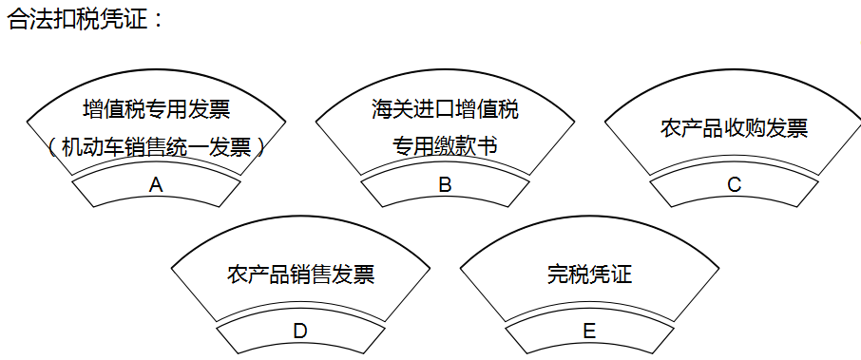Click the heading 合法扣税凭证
(x=76, y=19)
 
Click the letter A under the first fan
(x=156, y=185)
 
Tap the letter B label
(x=445, y=185)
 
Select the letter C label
(x=734, y=185)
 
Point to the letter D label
(x=300, y=332)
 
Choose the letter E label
(x=589, y=332)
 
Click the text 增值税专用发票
(x=157, y=110)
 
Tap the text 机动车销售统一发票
(x=156, y=147)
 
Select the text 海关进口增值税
(x=445, y=110)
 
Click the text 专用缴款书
(x=445, y=147)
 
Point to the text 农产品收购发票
(x=734, y=128)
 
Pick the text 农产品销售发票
(x=300, y=275)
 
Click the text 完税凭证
(x=589, y=275)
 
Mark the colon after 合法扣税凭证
(x=157, y=20)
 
